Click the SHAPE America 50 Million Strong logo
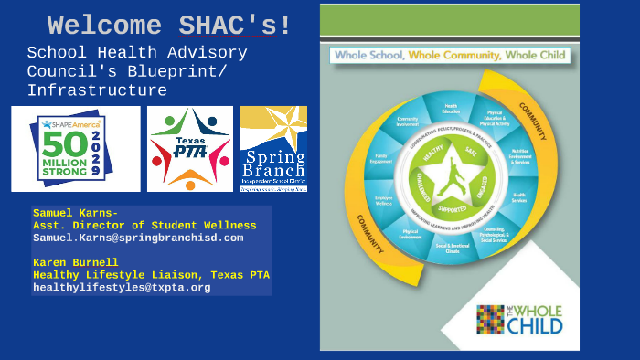[x=75, y=148]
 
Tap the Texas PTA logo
[x=190, y=148]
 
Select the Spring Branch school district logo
[x=272, y=148]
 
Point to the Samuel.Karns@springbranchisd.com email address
[x=138, y=238]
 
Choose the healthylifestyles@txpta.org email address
[x=122, y=287]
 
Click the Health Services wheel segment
[x=518, y=198]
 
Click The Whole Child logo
[x=519, y=319]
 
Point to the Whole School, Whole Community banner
[x=449, y=56]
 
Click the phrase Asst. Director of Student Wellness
[x=144, y=226]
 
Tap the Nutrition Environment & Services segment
[x=520, y=157]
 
